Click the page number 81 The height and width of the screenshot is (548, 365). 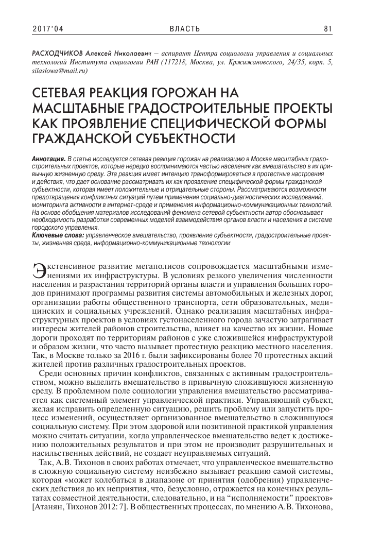click(x=327, y=28)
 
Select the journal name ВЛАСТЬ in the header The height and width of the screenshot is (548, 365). click(x=182, y=28)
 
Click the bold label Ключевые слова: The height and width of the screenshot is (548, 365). click(x=58, y=235)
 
